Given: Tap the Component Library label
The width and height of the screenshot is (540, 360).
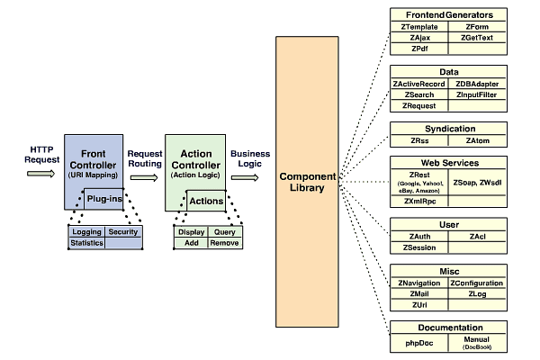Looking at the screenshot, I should pyautogui.click(x=307, y=180).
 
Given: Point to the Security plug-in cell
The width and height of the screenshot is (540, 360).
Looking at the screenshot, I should pyautogui.click(x=123, y=232).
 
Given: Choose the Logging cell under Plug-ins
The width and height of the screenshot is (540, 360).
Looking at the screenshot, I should pyautogui.click(x=86, y=232).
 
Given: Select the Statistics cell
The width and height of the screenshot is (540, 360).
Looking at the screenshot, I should pyautogui.click(x=86, y=243).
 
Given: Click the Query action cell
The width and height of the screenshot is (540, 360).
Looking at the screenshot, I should pyautogui.click(x=224, y=232).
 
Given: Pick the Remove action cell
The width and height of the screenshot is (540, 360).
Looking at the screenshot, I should pyautogui.click(x=224, y=243).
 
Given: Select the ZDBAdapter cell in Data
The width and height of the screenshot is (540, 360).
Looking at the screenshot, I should pyautogui.click(x=477, y=84).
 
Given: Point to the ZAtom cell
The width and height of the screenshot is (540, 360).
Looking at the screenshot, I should pyautogui.click(x=477, y=140).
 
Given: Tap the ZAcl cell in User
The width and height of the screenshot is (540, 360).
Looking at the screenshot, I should pyautogui.click(x=477, y=236).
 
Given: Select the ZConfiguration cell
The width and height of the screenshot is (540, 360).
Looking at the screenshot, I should pyautogui.click(x=477, y=283).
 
